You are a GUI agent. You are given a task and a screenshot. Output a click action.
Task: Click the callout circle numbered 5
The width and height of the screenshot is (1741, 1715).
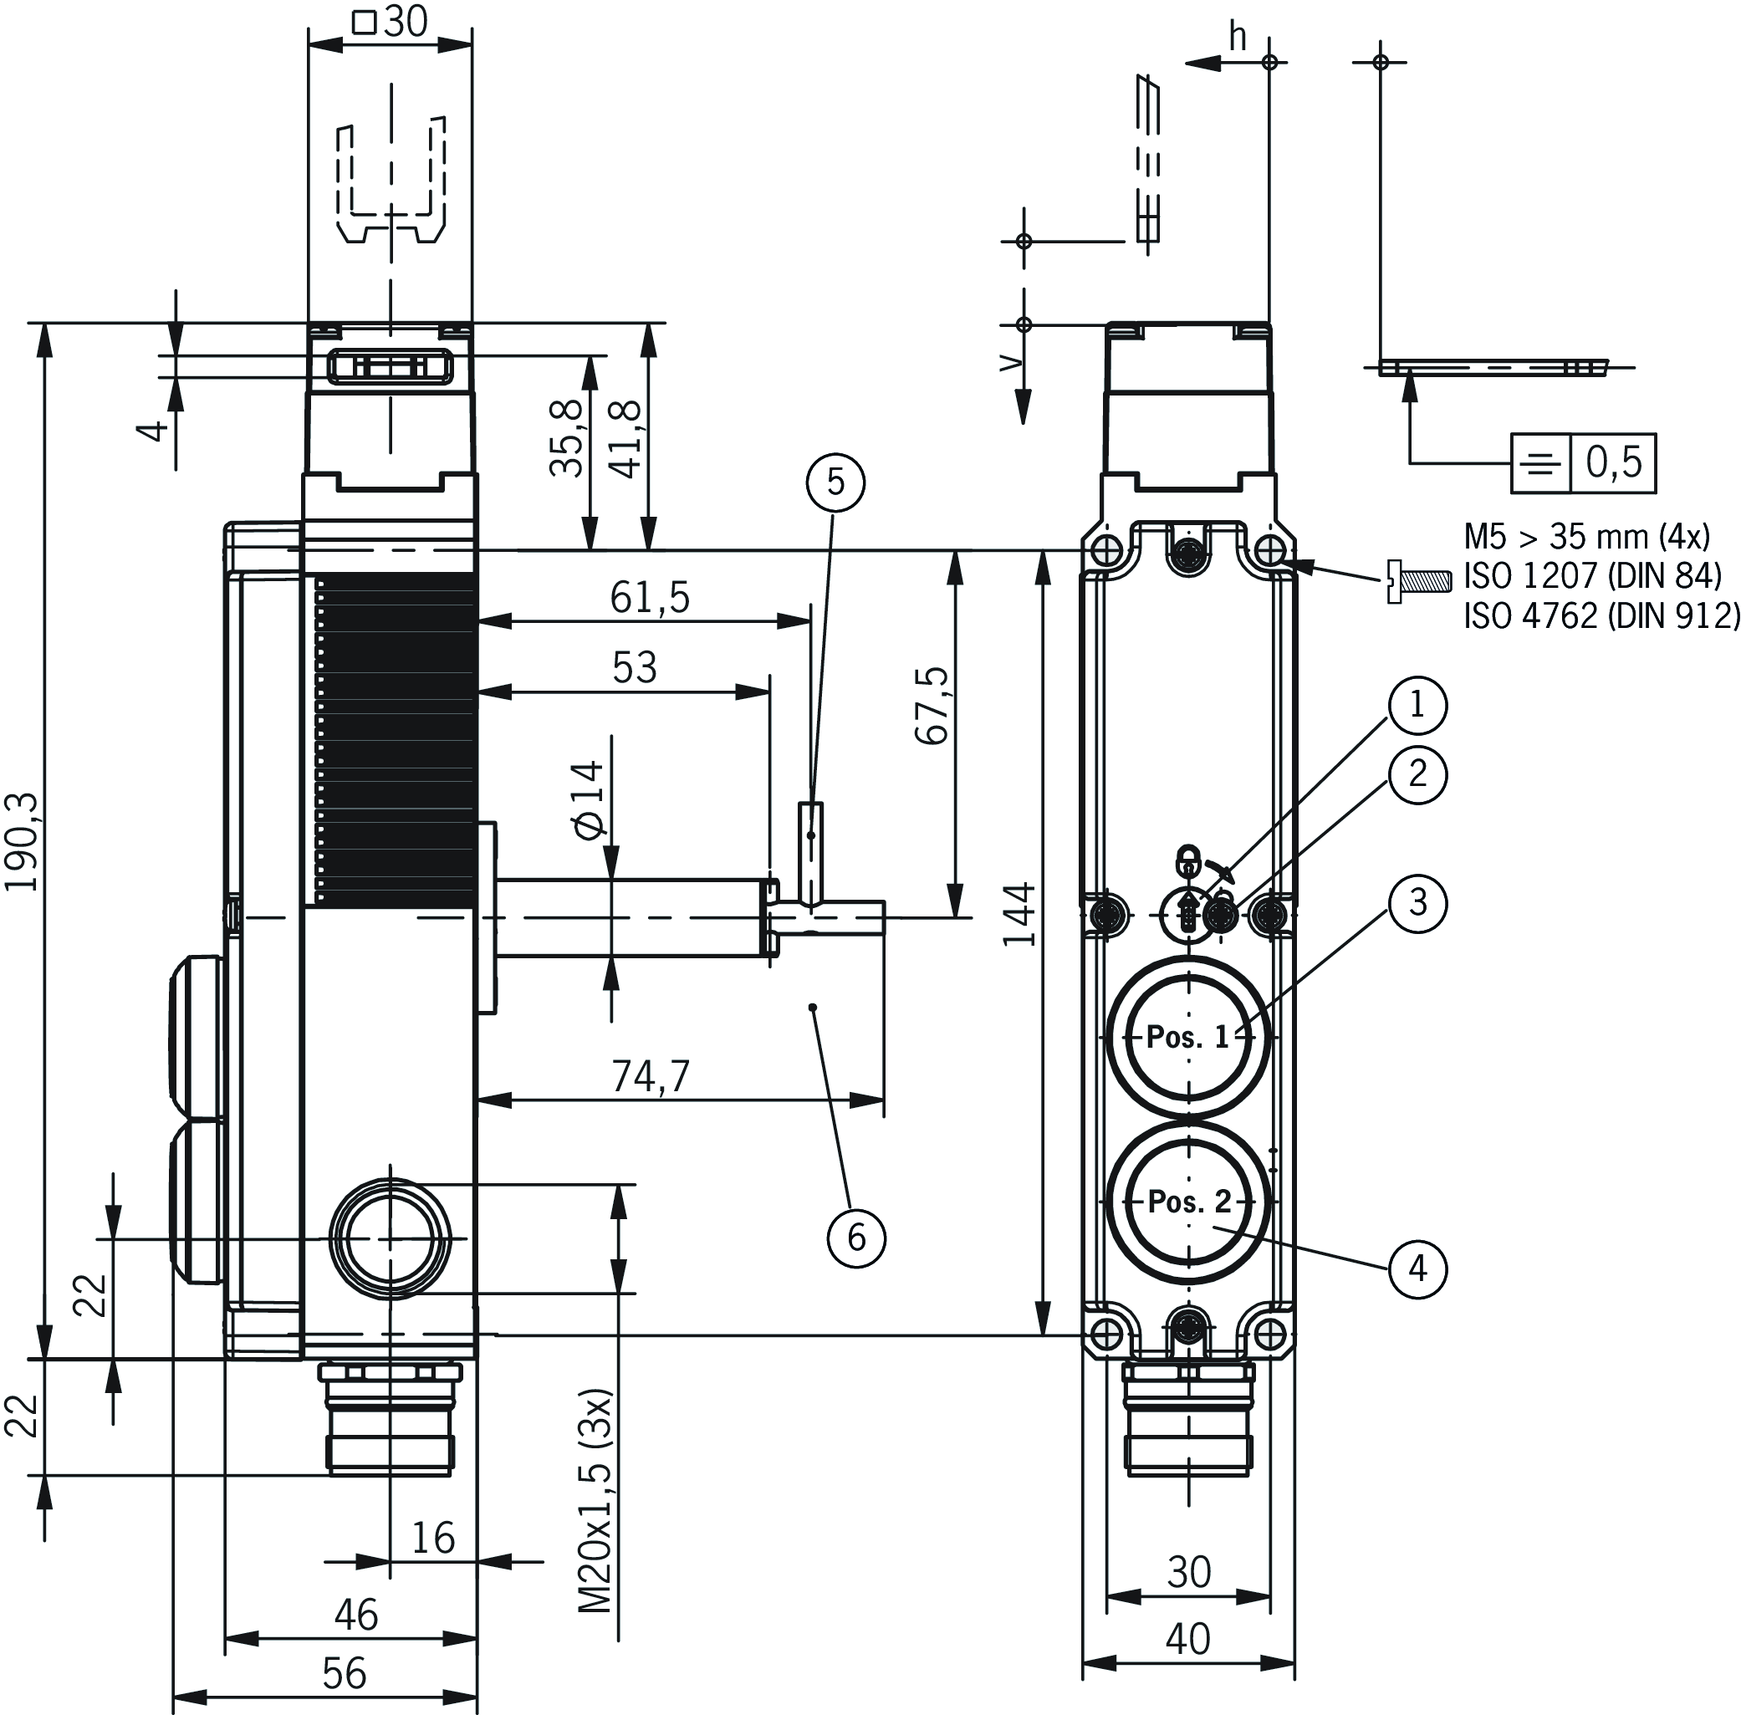pyautogui.click(x=835, y=482)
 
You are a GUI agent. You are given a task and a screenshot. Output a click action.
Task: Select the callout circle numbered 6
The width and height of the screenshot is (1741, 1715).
pyautogui.click(x=855, y=1238)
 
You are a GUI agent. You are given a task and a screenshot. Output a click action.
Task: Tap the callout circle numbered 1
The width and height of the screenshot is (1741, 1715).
pyautogui.click(x=1417, y=704)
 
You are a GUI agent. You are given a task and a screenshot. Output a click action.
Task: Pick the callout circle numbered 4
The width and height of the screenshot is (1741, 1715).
pyautogui.click(x=1417, y=1269)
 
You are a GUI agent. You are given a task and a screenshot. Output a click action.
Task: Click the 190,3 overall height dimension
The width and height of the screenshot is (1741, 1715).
pyautogui.click(x=22, y=841)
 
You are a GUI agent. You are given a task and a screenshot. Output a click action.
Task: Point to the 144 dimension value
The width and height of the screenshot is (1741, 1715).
pyautogui.click(x=1019, y=914)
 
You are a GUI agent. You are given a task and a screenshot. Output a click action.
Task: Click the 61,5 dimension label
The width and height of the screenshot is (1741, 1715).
pyautogui.click(x=650, y=597)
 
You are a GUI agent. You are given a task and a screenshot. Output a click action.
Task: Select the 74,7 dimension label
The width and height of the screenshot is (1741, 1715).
pyautogui.click(x=651, y=1075)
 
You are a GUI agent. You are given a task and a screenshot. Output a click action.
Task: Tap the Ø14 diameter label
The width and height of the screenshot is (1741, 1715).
pyautogui.click(x=586, y=798)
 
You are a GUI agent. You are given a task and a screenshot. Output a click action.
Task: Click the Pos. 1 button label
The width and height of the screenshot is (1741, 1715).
pyautogui.click(x=1187, y=1037)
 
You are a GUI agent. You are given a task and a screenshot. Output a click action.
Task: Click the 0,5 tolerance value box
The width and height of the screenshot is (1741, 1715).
pyautogui.click(x=1613, y=462)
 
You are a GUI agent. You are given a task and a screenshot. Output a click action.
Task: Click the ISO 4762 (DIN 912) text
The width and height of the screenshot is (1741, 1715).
pyautogui.click(x=1601, y=616)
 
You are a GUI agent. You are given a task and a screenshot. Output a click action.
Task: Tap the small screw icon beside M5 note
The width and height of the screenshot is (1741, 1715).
pyautogui.click(x=1418, y=582)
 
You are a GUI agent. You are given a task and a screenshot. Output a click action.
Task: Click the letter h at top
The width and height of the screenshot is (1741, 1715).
pyautogui.click(x=1238, y=38)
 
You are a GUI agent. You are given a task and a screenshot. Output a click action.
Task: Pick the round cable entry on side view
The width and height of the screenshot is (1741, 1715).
pyautogui.click(x=389, y=1239)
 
